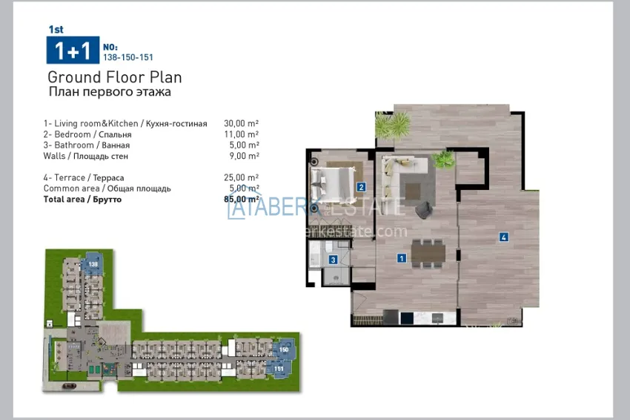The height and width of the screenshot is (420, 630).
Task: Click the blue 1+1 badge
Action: point(73,50)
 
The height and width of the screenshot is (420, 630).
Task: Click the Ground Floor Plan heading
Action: point(114,77)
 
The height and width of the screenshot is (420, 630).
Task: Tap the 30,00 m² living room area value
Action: point(241,123)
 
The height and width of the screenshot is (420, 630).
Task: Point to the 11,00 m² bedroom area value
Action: point(241,134)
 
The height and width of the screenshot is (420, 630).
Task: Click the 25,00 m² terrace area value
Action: point(241,177)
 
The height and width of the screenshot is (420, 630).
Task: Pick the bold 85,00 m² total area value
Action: point(241,199)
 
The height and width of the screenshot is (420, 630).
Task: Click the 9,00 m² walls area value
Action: point(243,156)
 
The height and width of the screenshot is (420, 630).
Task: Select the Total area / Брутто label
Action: point(82,199)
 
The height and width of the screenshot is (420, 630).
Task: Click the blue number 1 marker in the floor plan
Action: point(401,258)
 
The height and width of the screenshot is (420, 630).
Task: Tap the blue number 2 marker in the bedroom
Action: point(361,187)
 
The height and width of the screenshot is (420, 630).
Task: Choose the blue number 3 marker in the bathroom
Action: point(334,259)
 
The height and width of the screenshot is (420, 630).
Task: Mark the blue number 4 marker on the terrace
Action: point(503,237)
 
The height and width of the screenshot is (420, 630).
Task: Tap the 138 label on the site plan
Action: point(93,263)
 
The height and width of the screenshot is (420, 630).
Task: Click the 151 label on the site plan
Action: point(279,368)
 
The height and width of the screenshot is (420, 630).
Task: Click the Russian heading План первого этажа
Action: point(109,92)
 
